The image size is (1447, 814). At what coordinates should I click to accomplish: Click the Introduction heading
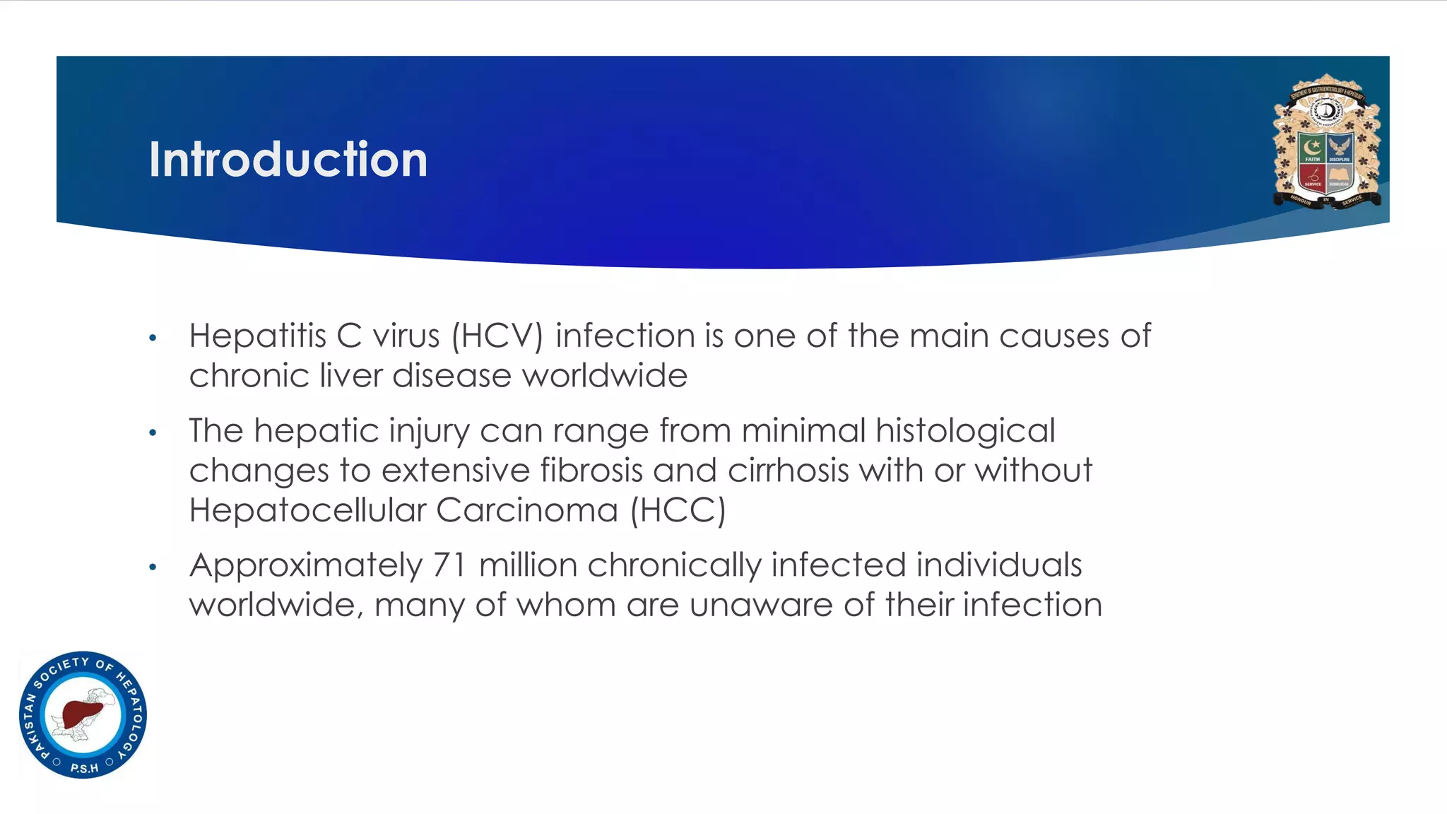tap(288, 160)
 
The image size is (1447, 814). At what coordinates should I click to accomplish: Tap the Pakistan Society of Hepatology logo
tap(83, 714)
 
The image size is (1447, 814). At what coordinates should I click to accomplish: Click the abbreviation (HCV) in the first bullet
tap(497, 336)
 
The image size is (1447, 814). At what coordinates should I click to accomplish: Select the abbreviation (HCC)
tap(678, 510)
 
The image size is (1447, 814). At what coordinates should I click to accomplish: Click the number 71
tap(449, 565)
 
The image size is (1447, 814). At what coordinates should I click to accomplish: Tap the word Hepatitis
tap(257, 336)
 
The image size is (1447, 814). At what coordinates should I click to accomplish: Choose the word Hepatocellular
tap(307, 510)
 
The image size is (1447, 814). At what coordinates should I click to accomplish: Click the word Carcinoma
tap(527, 510)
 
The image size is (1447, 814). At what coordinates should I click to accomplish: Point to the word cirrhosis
tap(789, 471)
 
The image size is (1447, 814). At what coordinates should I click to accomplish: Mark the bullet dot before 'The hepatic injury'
tap(153, 432)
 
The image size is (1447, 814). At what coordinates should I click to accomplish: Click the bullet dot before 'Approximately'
tap(153, 567)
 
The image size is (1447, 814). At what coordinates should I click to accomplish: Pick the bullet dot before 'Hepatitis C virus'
tap(153, 338)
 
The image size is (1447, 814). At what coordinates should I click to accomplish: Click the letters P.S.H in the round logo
tap(84, 768)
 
